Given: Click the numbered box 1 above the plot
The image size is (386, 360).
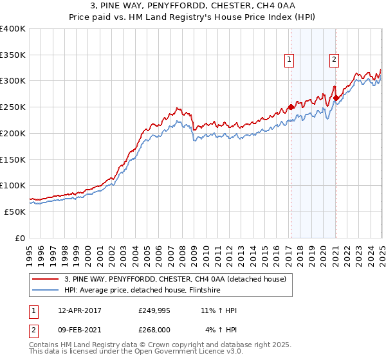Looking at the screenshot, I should click(289, 60).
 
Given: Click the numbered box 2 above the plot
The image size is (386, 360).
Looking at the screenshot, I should click(335, 60).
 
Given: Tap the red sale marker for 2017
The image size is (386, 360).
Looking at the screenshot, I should click(291, 107).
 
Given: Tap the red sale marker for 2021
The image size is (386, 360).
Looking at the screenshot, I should click(336, 98).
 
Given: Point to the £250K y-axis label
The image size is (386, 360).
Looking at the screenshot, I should click(13, 107).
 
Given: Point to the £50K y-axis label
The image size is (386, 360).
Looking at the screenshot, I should click(15, 212).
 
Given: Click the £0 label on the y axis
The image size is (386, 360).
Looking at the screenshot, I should click(21, 238).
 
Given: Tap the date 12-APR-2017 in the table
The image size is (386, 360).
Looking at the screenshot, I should click(78, 310).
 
